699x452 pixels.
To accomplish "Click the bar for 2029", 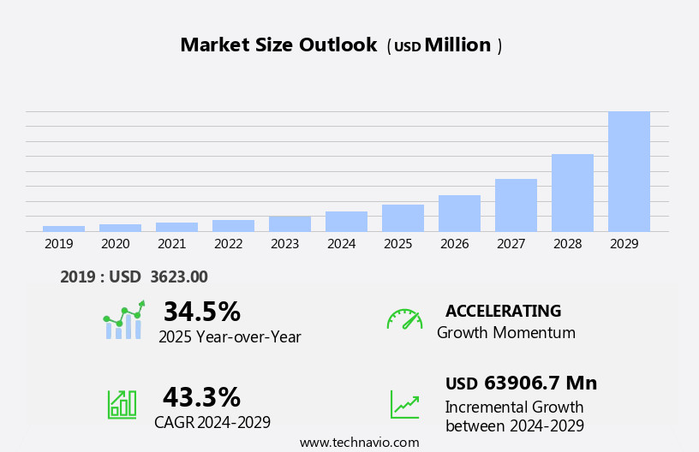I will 629,171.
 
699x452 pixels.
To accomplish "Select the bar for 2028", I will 572,193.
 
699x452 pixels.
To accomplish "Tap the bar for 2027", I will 516,205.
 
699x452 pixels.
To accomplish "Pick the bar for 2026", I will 459,213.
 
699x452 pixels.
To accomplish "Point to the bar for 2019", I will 63,229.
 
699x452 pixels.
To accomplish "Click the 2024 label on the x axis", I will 341,244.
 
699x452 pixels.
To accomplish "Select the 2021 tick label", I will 171,244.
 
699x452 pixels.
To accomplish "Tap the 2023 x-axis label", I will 284,244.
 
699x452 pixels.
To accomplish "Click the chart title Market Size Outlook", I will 278,45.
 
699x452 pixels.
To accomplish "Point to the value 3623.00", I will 178,277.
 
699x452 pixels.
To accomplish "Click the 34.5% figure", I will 201,312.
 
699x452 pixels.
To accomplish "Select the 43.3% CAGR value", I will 201,397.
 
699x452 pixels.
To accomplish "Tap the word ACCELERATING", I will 503,311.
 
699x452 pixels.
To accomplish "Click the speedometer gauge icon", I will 404,319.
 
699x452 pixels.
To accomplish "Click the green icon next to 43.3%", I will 122,404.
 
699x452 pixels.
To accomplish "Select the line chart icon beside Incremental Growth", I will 404,404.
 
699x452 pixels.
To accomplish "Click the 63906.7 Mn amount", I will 540,383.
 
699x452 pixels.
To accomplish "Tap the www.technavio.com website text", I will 359,443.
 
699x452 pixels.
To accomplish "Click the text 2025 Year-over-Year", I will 230,337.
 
